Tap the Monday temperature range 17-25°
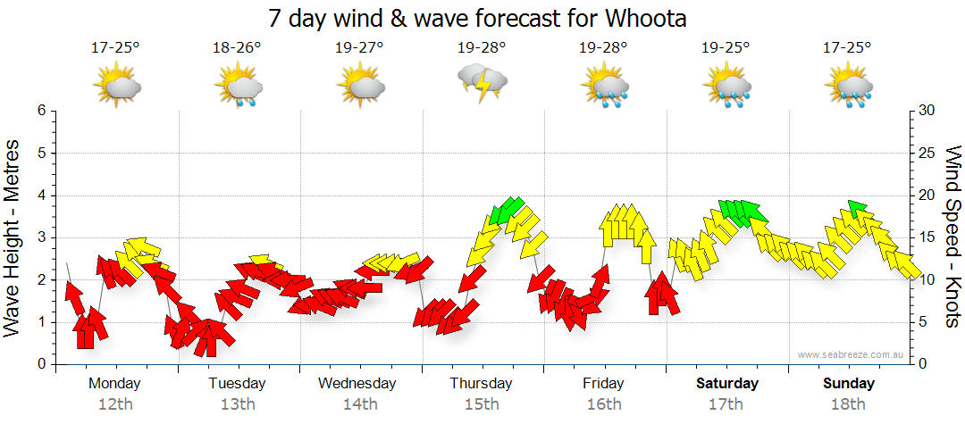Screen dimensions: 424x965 pyautogui.click(x=115, y=47)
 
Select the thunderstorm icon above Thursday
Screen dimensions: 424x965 pyautogui.click(x=482, y=83)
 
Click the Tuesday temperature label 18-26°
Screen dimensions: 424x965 pyautogui.click(x=237, y=47)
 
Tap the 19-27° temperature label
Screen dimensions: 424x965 pyautogui.click(x=360, y=47)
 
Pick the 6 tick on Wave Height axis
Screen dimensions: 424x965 pyautogui.click(x=41, y=111)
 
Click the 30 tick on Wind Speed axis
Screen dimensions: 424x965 pyautogui.click(x=927, y=111)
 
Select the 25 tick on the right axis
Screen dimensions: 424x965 pyautogui.click(x=927, y=153)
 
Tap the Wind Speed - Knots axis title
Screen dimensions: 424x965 pyautogui.click(x=953, y=237)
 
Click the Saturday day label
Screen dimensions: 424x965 pyautogui.click(x=727, y=384)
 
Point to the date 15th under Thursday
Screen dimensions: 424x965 pyautogui.click(x=482, y=404)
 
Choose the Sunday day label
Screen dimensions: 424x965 pyautogui.click(x=849, y=384)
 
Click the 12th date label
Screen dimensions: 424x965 pyautogui.click(x=115, y=404)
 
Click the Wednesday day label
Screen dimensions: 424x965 pyautogui.click(x=357, y=384)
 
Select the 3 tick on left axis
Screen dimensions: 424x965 pyautogui.click(x=41, y=237)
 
